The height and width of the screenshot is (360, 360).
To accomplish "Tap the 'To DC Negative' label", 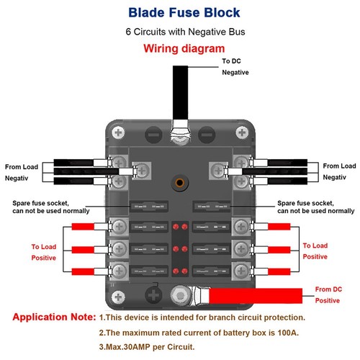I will (235, 67).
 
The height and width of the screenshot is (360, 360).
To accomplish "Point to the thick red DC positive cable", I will (259, 294).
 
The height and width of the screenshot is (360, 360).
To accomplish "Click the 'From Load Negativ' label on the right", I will (339, 171).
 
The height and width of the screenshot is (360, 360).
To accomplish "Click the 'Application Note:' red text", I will (54, 317).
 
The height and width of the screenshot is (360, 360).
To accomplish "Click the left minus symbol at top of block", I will (153, 134).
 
